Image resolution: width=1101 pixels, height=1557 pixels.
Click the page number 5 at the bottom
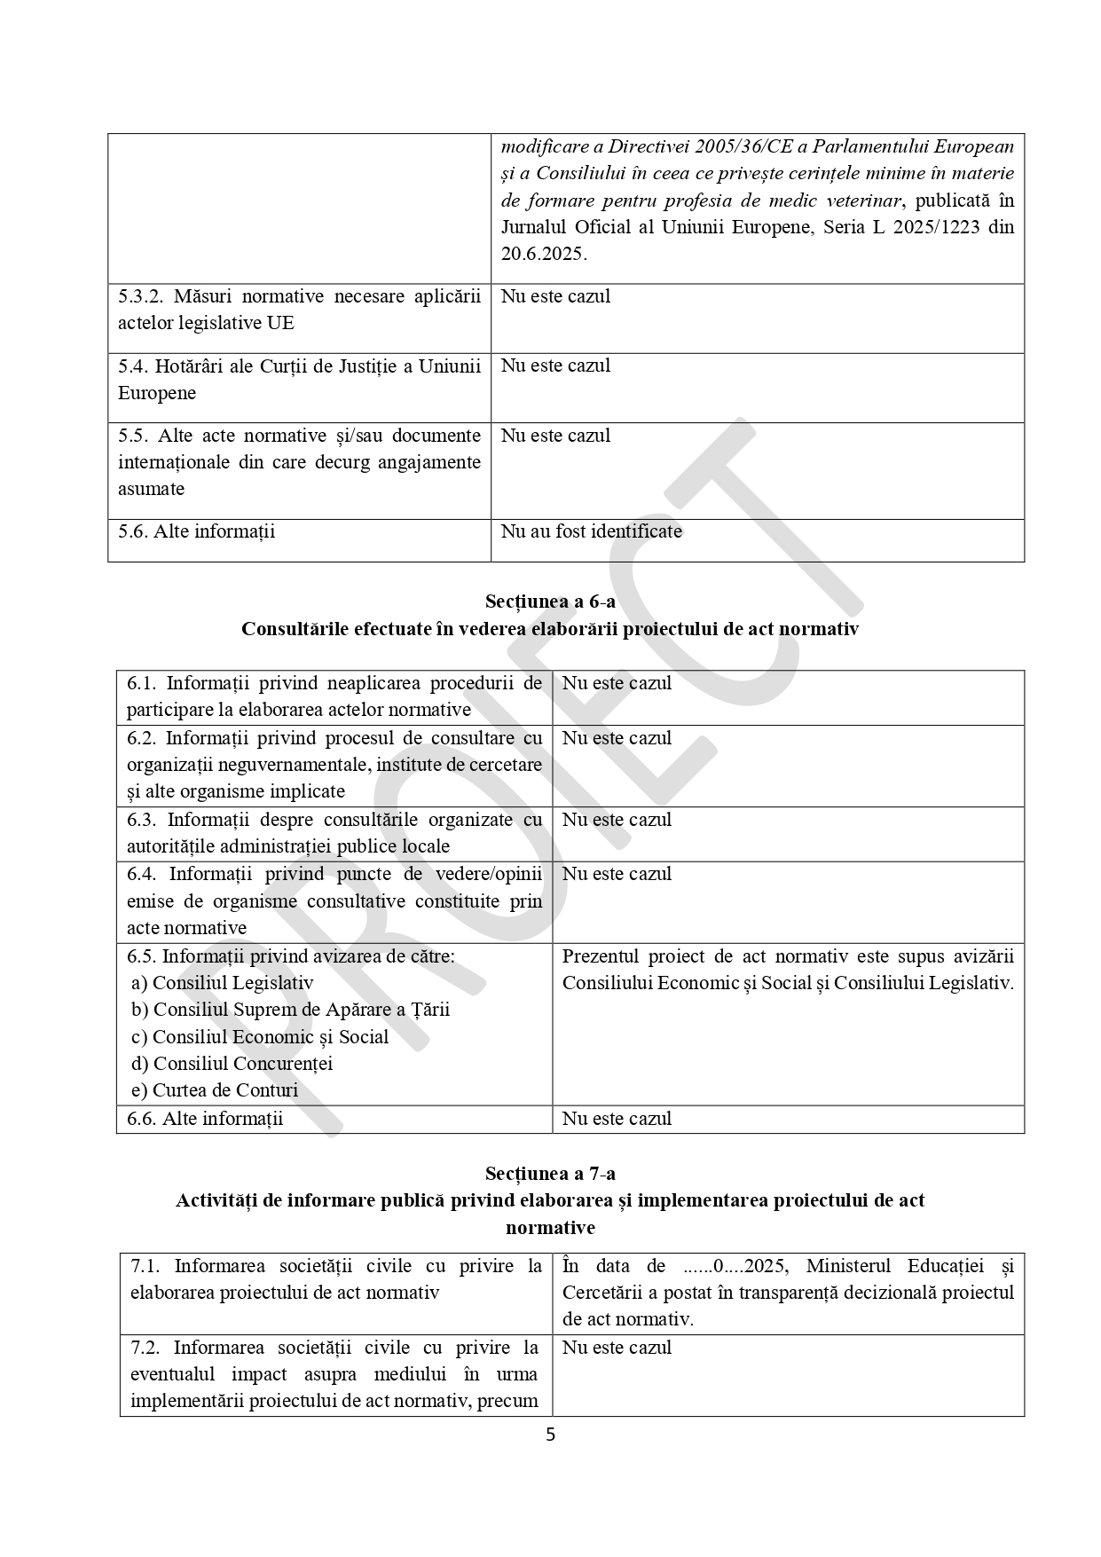[550, 1435]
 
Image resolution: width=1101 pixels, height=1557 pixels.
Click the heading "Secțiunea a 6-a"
[550, 602]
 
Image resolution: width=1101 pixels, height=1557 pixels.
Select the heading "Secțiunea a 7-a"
[550, 1174]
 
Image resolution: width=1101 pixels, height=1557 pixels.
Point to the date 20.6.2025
[542, 254]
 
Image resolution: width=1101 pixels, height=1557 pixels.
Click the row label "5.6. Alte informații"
[196, 531]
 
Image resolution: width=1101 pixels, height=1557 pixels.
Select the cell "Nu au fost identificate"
[591, 531]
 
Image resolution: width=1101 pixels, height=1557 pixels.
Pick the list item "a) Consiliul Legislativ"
[222, 983]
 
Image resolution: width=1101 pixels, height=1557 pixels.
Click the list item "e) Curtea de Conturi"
[214, 1090]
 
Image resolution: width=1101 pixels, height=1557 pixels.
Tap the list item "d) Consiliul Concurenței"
[232, 1064]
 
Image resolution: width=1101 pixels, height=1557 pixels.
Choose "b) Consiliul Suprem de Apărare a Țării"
[290, 1010]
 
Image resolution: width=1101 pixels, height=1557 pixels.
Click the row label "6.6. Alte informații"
[205, 1119]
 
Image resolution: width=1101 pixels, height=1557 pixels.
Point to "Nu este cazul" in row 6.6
[617, 1119]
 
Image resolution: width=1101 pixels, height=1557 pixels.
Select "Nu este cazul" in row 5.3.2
[555, 296]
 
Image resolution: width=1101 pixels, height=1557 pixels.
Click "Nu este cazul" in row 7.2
[617, 1348]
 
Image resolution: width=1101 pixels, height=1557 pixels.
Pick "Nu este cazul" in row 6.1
[617, 683]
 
